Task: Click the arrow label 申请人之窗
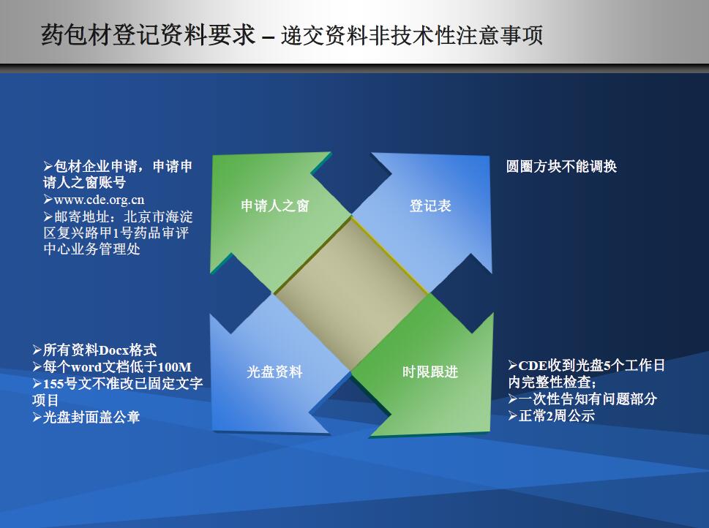click(275, 205)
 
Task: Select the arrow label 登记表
click(430, 205)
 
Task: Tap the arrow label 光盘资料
click(275, 372)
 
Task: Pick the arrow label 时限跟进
click(430, 372)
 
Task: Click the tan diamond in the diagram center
click(351, 294)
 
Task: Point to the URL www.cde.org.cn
click(99, 200)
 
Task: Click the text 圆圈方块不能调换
click(562, 166)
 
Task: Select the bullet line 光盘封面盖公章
click(86, 417)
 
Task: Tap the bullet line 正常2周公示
click(551, 415)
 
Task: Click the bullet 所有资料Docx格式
click(94, 350)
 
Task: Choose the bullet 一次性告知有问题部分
click(582, 399)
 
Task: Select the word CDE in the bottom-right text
click(533, 365)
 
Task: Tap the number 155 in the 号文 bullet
click(54, 384)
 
